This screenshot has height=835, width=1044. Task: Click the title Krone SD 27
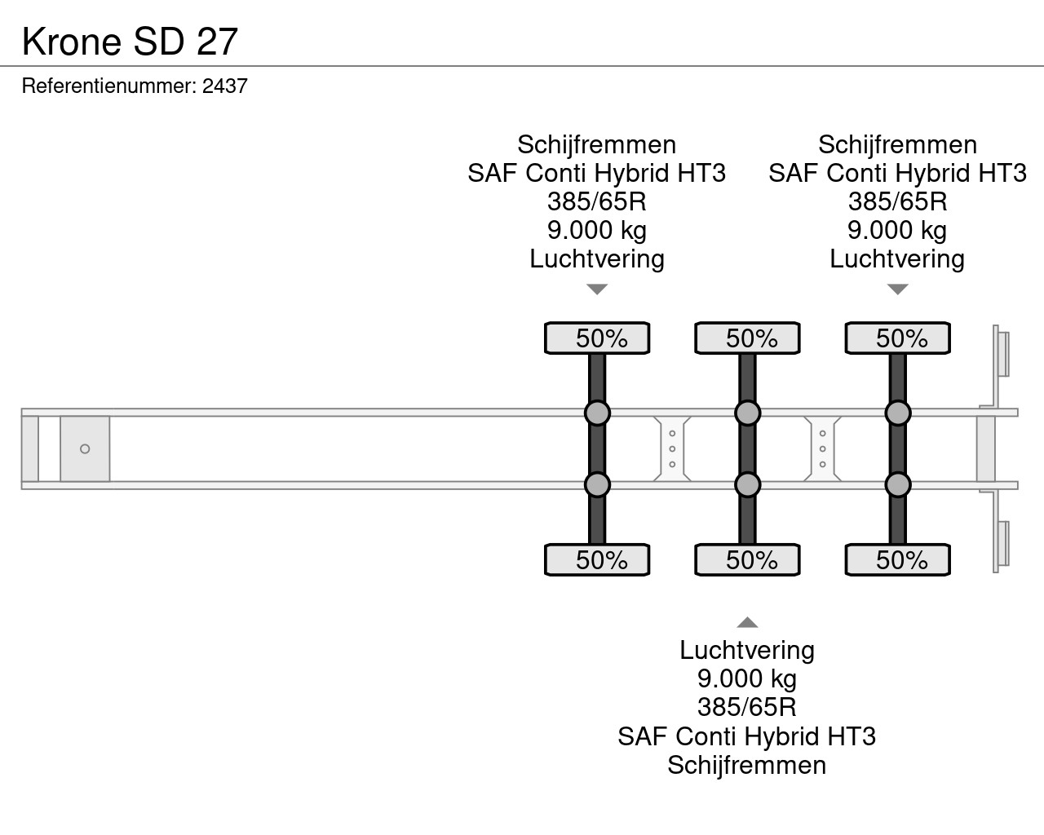130,42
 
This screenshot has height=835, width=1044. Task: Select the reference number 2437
224,86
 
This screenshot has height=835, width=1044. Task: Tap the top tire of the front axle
597,338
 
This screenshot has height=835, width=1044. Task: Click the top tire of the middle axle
747,338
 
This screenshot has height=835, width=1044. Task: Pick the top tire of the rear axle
897,338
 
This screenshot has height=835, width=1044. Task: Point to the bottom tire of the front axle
597,560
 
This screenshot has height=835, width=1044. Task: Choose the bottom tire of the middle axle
747,560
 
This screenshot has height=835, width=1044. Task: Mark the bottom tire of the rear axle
897,560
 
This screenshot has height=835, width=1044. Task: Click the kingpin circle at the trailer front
85,449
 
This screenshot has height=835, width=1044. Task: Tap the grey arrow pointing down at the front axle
597,289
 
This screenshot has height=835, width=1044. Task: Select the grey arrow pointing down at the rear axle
898,289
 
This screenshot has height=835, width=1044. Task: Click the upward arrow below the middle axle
747,622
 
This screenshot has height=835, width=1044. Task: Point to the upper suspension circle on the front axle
597,413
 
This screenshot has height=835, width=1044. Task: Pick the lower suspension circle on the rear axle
898,484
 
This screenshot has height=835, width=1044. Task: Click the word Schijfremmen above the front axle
597,144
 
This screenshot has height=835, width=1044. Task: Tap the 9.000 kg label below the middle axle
747,678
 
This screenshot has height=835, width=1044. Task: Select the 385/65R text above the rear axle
897,201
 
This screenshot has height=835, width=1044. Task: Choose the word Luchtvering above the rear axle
897,258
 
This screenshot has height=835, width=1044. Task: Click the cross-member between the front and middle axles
672,448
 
